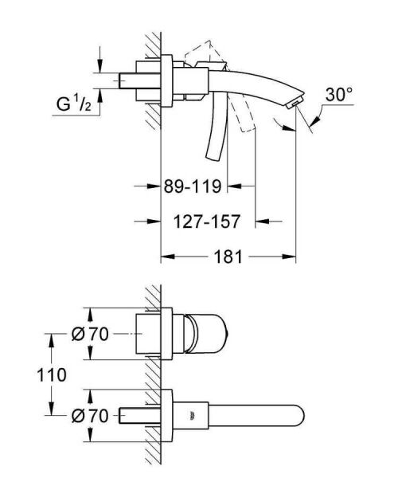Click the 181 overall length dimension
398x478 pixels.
click(x=228, y=257)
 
